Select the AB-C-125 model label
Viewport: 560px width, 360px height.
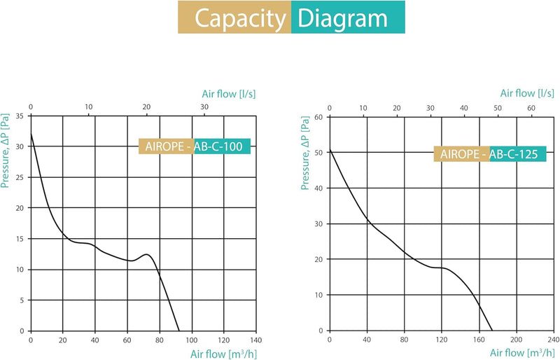pyautogui.click(x=513, y=155)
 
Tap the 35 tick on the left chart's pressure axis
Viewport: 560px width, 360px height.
pyautogui.click(x=22, y=116)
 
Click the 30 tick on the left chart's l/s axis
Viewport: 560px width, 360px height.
pyautogui.click(x=204, y=107)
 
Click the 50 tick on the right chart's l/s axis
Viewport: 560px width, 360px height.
pyautogui.click(x=498, y=108)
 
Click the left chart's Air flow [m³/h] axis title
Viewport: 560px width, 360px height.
pyautogui.click(x=223, y=354)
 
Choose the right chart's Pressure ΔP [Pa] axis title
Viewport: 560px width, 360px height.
pyautogui.click(x=305, y=152)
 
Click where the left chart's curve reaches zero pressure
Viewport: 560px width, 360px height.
pyautogui.click(x=179, y=331)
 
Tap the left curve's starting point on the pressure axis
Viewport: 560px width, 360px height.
pyautogui.click(x=31, y=134)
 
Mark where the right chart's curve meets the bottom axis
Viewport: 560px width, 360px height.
pyautogui.click(x=493, y=331)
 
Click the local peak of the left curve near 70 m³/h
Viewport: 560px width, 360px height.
pyautogui.click(x=146, y=254)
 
